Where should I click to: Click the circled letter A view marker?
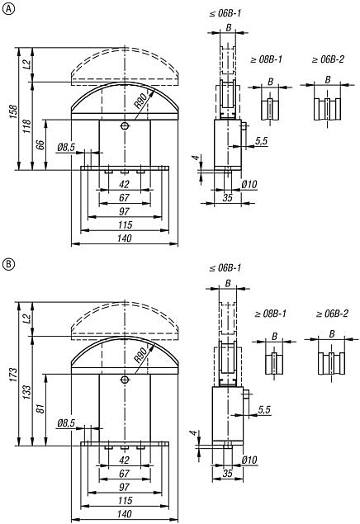(x=8, y=9)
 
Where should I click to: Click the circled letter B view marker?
(x=8, y=265)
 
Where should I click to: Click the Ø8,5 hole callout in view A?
(x=66, y=148)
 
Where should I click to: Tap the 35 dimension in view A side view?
(x=227, y=199)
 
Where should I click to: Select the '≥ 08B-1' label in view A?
(x=268, y=59)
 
